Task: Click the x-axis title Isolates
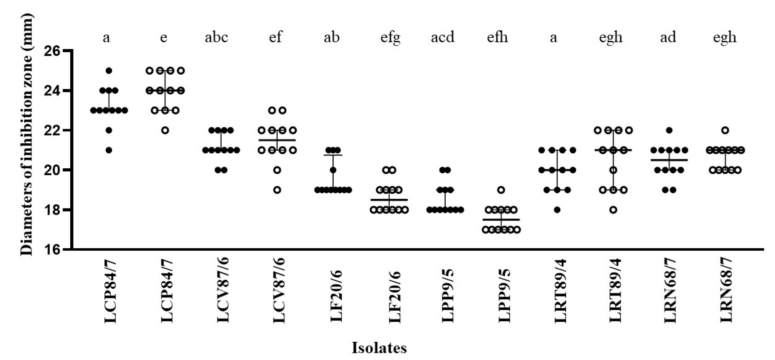pos(379,348)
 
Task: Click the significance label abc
pos(216,37)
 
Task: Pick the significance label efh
pos(497,37)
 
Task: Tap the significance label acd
pos(442,37)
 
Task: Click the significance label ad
pos(668,37)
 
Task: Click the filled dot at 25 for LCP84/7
pos(109,71)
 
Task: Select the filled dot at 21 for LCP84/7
pos(109,150)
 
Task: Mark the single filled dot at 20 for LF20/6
pos(333,170)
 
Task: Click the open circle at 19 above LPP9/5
pos(501,190)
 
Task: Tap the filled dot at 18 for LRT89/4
pos(557,210)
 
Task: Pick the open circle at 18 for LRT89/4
pos(613,210)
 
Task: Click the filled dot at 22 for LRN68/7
pos(669,130)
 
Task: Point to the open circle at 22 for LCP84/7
pos(165,130)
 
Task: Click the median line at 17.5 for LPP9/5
pos(501,220)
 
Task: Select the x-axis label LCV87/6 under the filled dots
pos(223,290)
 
